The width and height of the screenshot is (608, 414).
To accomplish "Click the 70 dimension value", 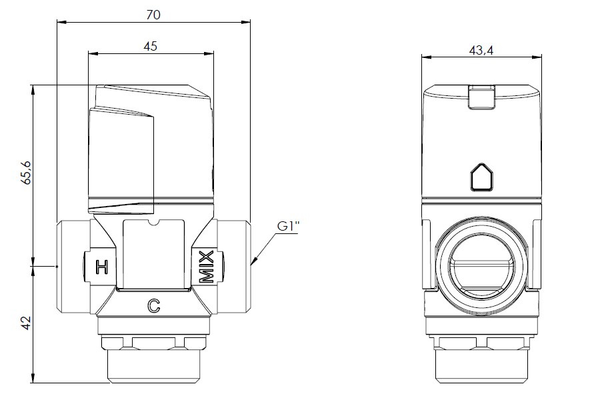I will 153,14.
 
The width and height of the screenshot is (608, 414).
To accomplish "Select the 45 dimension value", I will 151,46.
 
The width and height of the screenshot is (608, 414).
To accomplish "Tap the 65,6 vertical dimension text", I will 27,171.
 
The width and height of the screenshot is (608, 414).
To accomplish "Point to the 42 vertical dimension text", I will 27,323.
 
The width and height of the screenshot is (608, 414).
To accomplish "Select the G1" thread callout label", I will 288,226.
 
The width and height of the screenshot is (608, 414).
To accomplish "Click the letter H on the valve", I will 102,267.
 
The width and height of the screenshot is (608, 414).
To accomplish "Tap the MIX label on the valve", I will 207,267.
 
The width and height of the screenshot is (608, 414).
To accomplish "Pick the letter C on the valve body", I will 153,306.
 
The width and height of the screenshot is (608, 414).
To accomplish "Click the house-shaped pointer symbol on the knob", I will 481,178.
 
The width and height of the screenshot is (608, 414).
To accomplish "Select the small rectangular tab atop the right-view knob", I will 481,97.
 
